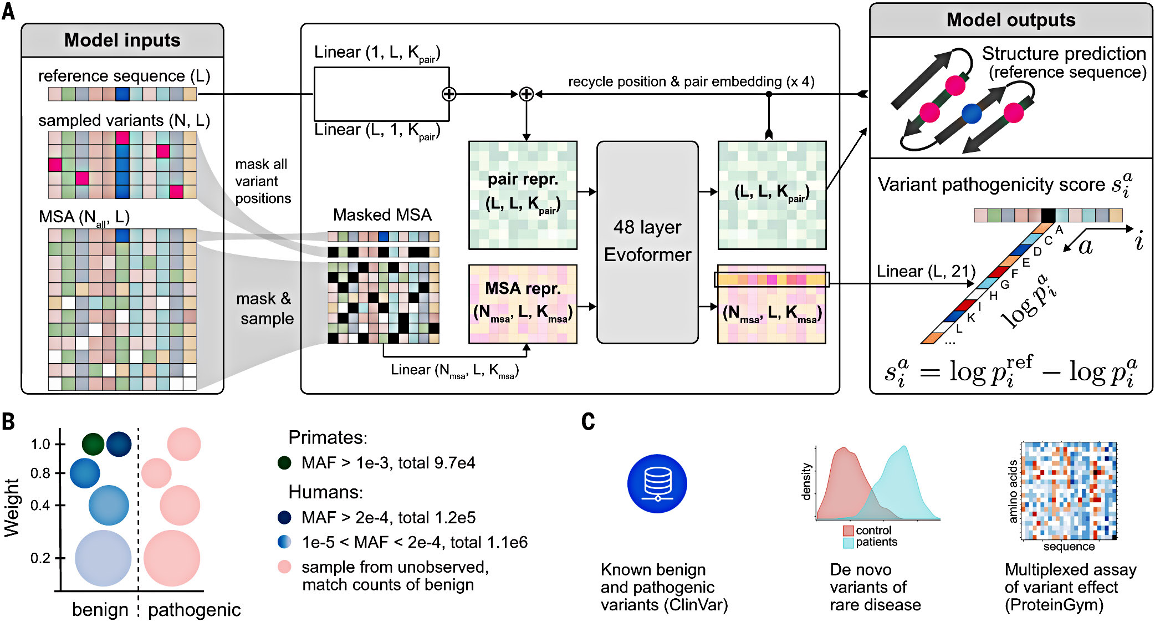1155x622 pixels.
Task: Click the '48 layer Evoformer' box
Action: tap(647, 242)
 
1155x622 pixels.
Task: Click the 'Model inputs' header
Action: tap(122, 40)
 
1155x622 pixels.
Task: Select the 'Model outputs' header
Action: tap(1010, 21)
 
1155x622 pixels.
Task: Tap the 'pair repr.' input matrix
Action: tap(523, 195)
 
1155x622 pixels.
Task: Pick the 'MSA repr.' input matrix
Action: tap(523, 304)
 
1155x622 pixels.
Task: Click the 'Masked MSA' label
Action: tap(382, 215)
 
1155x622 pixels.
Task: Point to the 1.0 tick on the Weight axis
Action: tap(60, 444)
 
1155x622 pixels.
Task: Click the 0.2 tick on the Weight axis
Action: tap(60, 558)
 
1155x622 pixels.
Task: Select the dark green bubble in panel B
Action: tap(93, 443)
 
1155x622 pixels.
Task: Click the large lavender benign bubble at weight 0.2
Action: tap(103, 558)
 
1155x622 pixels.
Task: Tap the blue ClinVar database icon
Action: tap(657, 483)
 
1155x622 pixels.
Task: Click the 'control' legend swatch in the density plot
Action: tap(848, 531)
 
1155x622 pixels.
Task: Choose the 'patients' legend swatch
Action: tap(848, 543)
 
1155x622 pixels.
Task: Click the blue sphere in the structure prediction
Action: tap(972, 113)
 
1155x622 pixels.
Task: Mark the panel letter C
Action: tap(588, 421)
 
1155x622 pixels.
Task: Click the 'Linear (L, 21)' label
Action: tap(926, 271)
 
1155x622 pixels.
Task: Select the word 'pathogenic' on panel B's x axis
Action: tap(194, 610)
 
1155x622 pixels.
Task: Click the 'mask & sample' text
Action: tap(265, 308)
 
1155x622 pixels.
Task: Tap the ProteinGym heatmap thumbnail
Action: tap(1069, 491)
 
